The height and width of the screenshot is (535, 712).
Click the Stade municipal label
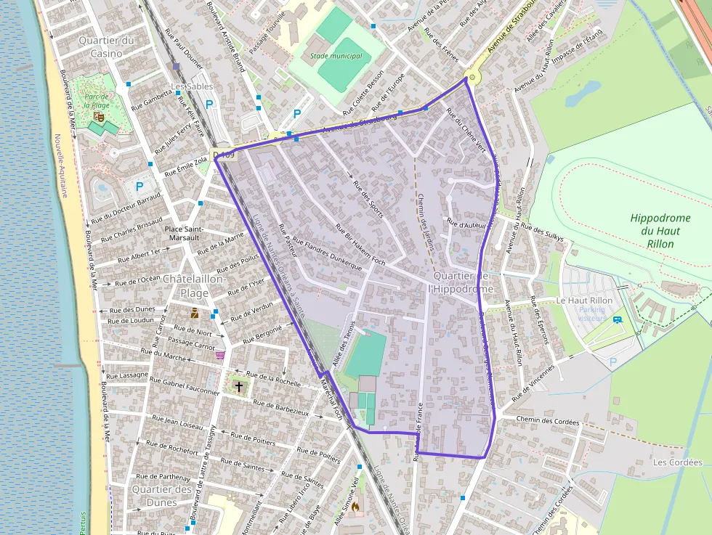coord(336,56)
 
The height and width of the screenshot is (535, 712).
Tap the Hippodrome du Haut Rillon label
coord(655,230)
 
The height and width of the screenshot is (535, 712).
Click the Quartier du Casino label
coord(107,46)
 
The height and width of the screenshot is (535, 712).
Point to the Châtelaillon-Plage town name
coord(195,286)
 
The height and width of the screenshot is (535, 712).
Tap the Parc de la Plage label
coord(97,101)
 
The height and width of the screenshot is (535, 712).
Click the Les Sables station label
coord(192,86)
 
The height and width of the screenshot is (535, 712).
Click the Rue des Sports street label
coord(368,197)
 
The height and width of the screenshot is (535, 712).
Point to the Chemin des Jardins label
coord(425,221)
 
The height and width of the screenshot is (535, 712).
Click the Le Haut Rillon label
coord(584,301)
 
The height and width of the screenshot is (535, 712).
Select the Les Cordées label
coord(677,462)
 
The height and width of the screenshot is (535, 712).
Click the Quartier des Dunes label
coord(162,496)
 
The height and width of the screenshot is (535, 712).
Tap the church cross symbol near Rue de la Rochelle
coord(239,387)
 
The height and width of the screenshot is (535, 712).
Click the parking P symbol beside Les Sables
coord(210,105)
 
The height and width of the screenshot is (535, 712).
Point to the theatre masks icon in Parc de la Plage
coord(99,115)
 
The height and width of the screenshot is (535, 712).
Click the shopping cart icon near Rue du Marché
coord(220,355)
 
